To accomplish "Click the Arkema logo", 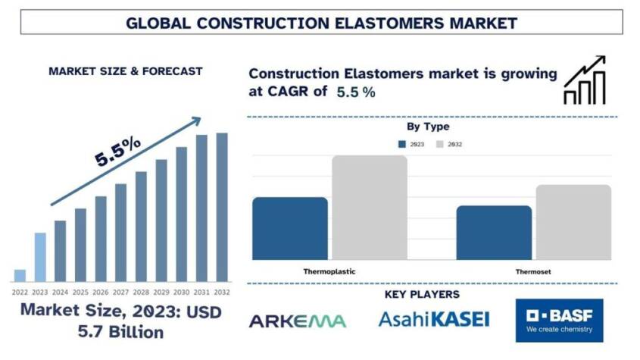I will (x=297, y=321).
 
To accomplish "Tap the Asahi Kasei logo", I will (x=433, y=319).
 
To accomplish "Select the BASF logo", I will (x=560, y=320).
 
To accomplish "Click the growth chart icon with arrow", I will (x=584, y=80).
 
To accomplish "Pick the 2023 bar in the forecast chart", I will (x=40, y=257).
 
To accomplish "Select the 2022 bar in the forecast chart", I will (x=20, y=275).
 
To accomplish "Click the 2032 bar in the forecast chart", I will (x=222, y=208).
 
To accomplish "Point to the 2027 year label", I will (x=120, y=291).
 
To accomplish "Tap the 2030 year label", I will (x=181, y=291).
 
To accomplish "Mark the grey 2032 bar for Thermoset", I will (x=573, y=221).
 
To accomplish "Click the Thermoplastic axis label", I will (x=329, y=271).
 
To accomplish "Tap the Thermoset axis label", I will (x=533, y=271).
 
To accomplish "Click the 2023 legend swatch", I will (x=401, y=144).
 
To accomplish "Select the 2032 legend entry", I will (x=448, y=144).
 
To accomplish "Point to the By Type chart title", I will (x=428, y=127).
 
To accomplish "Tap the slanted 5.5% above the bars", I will (x=117, y=152).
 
